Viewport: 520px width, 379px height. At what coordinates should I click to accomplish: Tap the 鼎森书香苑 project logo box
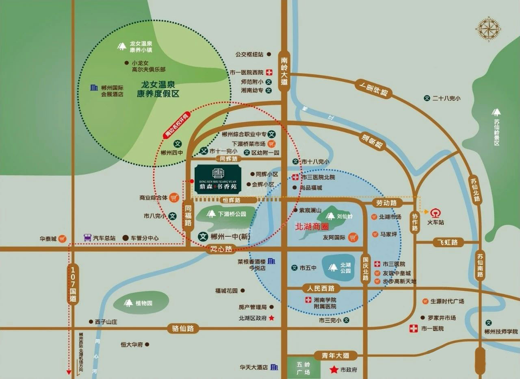point(218,179)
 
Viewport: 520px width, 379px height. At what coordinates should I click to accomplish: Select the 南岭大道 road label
point(284,71)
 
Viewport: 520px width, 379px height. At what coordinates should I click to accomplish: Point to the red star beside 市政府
point(334,370)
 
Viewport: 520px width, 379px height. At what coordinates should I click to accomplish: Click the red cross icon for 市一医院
point(414,328)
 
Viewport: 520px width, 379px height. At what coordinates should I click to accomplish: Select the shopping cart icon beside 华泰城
point(62,239)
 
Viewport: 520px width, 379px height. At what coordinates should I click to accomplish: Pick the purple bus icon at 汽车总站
point(87,237)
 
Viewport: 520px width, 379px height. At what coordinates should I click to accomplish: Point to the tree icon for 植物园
point(129,303)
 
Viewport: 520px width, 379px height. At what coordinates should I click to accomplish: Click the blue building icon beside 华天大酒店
point(275,367)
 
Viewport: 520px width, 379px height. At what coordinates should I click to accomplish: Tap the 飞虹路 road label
point(448,242)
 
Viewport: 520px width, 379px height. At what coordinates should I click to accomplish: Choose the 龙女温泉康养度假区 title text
point(158,89)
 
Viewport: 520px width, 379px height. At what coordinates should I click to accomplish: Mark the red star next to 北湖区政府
point(272,318)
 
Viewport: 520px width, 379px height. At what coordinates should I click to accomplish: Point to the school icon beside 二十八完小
point(427,98)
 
